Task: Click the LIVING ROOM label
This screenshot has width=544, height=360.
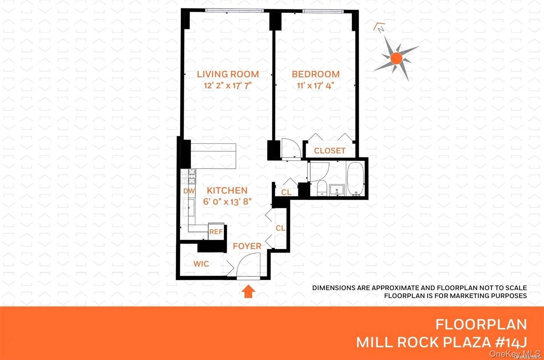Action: point(228,74)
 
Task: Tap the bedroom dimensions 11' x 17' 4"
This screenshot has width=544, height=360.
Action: point(315,85)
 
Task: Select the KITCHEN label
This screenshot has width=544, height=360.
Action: point(227,190)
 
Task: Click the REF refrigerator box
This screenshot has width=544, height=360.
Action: point(216,232)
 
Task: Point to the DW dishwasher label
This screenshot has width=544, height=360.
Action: point(189,191)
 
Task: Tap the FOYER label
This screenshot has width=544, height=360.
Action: point(247,246)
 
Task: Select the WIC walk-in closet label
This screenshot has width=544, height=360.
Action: point(201,264)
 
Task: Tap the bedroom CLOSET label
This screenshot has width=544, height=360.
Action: point(329,151)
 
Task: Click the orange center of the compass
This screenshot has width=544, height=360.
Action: point(396,58)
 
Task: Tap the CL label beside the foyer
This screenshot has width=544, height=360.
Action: point(280,228)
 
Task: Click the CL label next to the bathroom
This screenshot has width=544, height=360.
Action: point(286,192)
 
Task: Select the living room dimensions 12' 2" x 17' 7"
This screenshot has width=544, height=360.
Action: point(227,85)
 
